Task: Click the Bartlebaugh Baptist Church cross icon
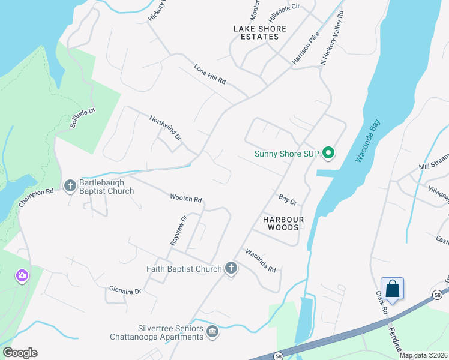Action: (x=70, y=185)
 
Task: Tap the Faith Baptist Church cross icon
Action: (x=232, y=268)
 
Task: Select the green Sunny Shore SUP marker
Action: (x=328, y=154)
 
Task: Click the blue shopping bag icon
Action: (x=392, y=288)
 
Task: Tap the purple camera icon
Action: (x=22, y=276)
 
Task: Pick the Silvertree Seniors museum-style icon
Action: (x=212, y=331)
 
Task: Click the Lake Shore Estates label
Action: (x=260, y=32)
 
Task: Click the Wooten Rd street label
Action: (x=185, y=199)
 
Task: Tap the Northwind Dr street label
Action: (x=166, y=127)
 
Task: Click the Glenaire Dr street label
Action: (x=125, y=291)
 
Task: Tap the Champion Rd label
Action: (x=36, y=198)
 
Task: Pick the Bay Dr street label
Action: (x=288, y=198)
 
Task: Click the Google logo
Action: (x=20, y=353)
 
